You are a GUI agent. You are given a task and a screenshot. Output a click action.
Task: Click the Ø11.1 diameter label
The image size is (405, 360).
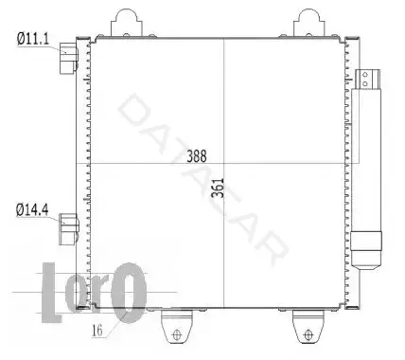pyautogui.click(x=33, y=39)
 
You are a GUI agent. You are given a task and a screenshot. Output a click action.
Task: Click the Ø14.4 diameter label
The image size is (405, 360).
pyautogui.click(x=32, y=209)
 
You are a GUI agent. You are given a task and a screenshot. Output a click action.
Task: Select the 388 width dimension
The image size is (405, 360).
pyautogui.click(x=197, y=156)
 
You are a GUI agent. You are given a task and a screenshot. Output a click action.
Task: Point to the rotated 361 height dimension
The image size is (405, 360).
pyautogui.click(x=218, y=188)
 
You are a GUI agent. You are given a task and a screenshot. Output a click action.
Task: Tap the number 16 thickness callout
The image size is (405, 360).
pyautogui.click(x=97, y=331)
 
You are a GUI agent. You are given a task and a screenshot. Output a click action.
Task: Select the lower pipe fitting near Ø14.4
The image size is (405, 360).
pyautogui.click(x=69, y=229)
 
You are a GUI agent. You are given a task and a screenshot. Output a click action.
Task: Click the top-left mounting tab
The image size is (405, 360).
pyautogui.click(x=127, y=23)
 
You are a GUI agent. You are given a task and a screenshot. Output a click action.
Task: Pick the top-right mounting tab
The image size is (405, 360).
pyautogui.click(x=308, y=23)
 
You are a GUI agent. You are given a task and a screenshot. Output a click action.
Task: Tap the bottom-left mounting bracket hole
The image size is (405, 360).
pyautogui.click(x=177, y=334)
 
